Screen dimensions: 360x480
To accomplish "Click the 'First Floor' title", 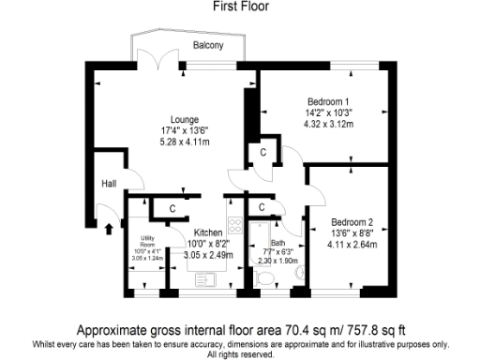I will [x=239, y=7].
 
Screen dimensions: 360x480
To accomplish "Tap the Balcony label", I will [x=207, y=45].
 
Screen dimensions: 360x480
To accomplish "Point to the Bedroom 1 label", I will [x=328, y=101].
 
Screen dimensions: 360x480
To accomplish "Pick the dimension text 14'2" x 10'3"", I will [x=328, y=112].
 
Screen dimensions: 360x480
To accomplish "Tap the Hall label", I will [x=109, y=184].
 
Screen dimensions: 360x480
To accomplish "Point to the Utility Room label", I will [x=147, y=242].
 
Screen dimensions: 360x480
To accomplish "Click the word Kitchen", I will [x=207, y=232].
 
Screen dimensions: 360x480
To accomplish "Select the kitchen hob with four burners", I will [x=234, y=226].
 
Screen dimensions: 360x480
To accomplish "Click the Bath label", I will [x=277, y=243].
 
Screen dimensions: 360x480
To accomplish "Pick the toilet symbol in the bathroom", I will [x=299, y=272].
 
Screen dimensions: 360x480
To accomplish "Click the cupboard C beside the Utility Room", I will [x=173, y=208].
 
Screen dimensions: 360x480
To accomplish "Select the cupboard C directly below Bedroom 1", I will [x=263, y=152].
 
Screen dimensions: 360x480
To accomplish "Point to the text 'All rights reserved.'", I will [x=239, y=354].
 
